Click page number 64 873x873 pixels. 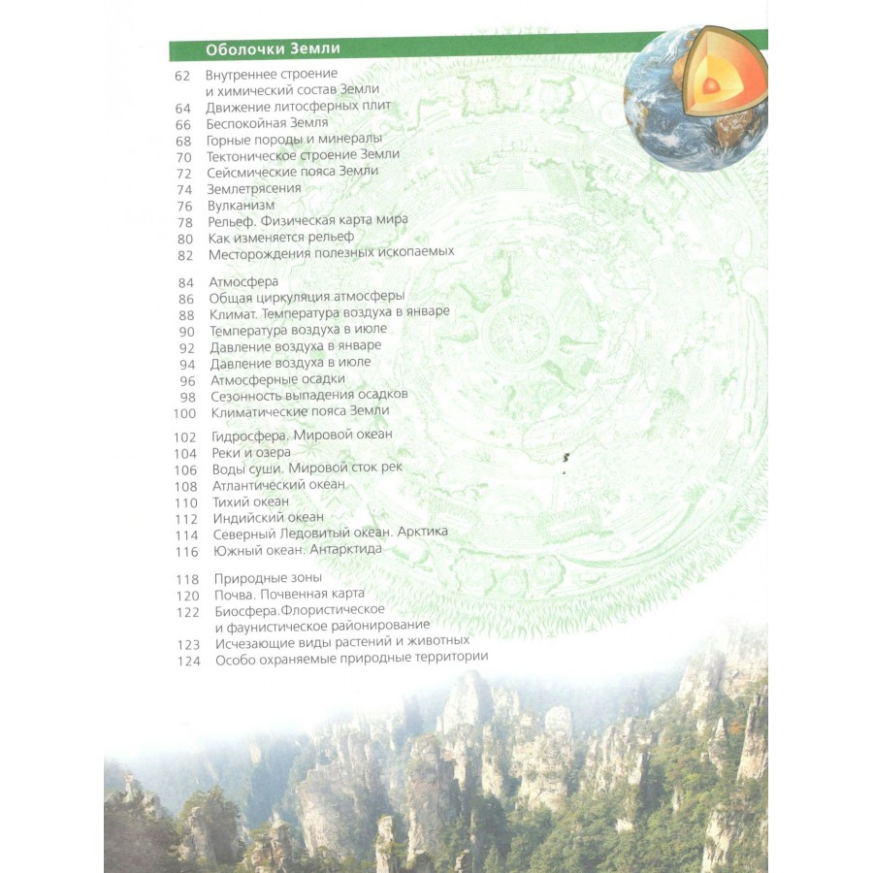pyautogui.click(x=183, y=107)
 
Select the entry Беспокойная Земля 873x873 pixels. pyautogui.click(x=267, y=123)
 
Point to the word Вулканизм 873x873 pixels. pyautogui.click(x=241, y=205)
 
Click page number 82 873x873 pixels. pyautogui.click(x=185, y=254)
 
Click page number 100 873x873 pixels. pyautogui.click(x=184, y=411)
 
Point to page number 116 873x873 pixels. pyautogui.click(x=185, y=550)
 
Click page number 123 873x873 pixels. pyautogui.click(x=186, y=642)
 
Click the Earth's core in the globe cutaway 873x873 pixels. pyautogui.click(x=711, y=86)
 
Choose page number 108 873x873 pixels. pyautogui.click(x=185, y=485)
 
